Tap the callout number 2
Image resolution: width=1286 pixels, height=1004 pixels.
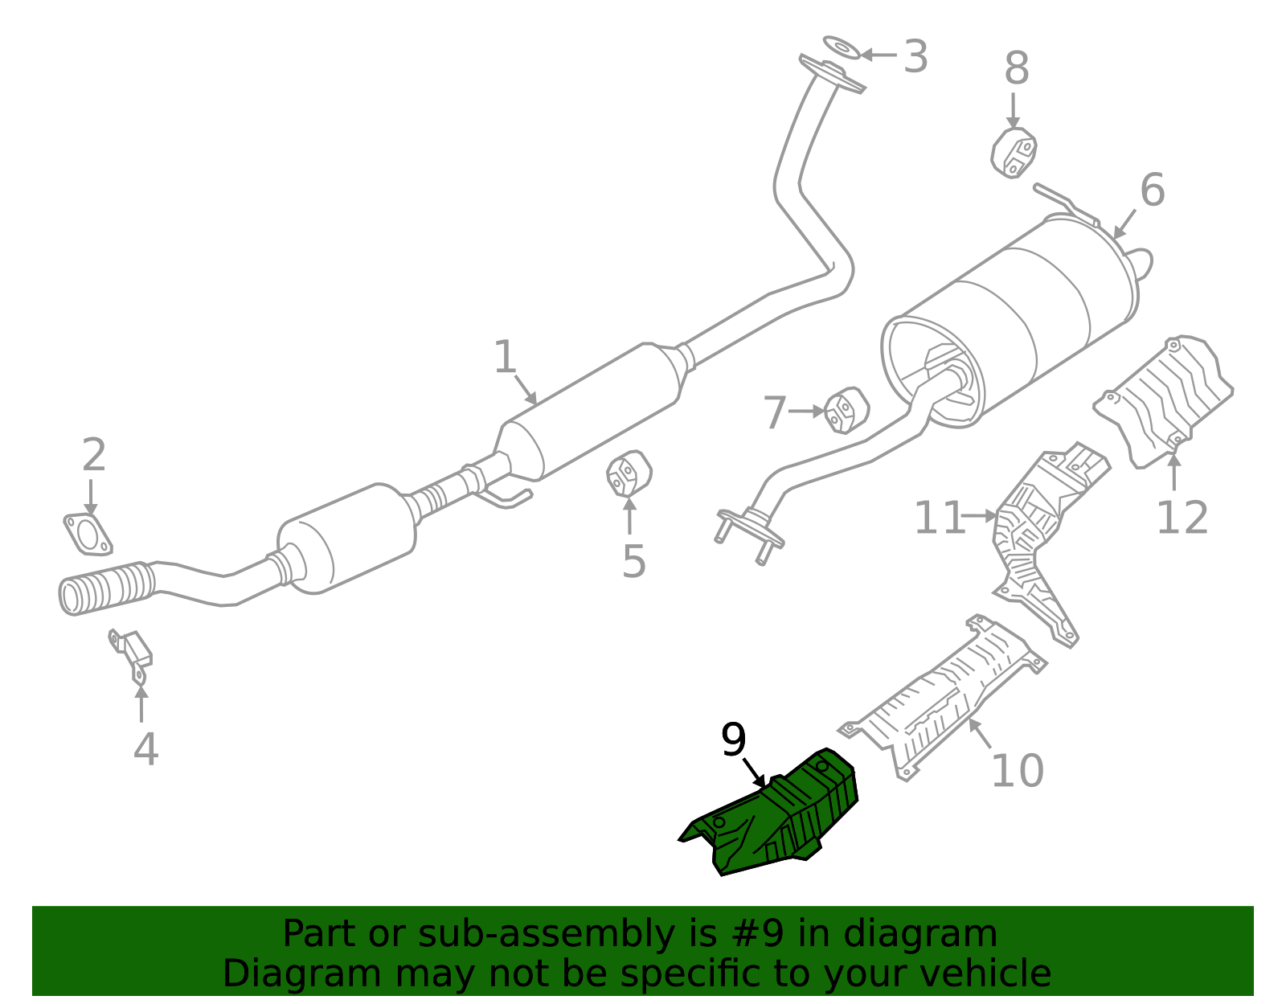click(94, 456)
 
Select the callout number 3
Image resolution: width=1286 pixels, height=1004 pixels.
click(915, 57)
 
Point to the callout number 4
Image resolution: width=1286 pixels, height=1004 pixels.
click(145, 748)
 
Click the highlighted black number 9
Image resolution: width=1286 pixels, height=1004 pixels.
click(733, 740)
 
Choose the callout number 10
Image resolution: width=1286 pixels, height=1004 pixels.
click(1017, 771)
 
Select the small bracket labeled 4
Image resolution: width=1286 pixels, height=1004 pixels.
click(133, 652)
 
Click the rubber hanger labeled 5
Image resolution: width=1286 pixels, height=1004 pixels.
click(628, 473)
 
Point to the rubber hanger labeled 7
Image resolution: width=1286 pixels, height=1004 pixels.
click(846, 410)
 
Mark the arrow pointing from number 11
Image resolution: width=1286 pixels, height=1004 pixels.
click(980, 516)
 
